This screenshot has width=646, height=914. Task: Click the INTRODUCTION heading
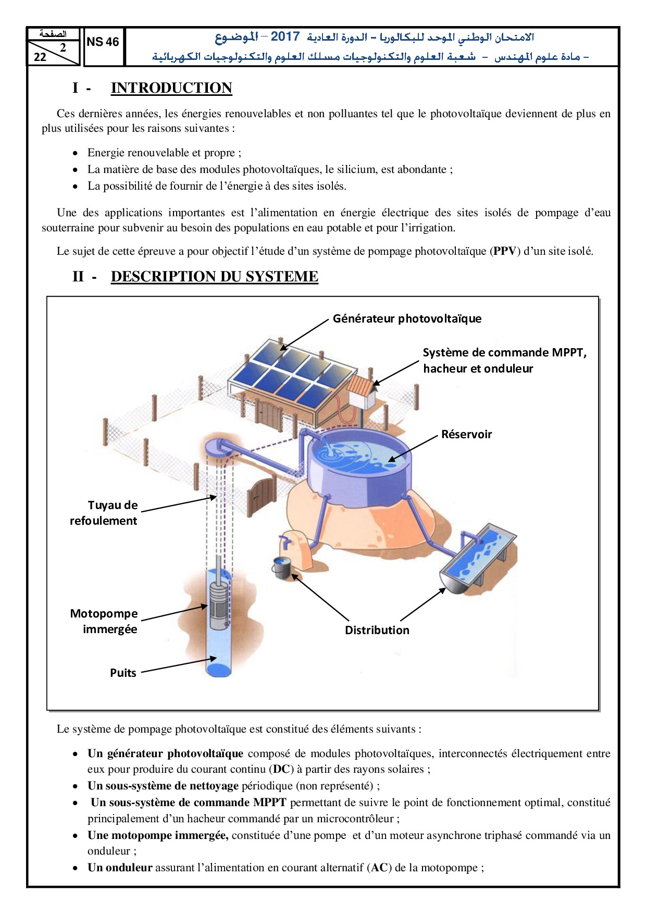171,88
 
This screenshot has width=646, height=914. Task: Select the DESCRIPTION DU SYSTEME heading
214,277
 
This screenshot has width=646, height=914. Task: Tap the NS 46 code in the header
103,42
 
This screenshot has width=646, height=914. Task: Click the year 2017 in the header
285,36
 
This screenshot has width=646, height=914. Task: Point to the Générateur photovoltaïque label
407,318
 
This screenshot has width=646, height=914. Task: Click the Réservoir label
466,434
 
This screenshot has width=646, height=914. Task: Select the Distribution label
377,630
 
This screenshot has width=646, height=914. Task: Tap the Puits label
123,673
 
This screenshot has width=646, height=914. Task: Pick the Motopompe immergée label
104,621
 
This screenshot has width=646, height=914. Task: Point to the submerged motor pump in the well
218,604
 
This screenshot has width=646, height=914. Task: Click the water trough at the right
477,560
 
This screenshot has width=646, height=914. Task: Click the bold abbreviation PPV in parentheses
504,251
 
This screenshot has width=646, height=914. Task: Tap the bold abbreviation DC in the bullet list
281,769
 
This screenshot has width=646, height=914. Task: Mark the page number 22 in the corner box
40,57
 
